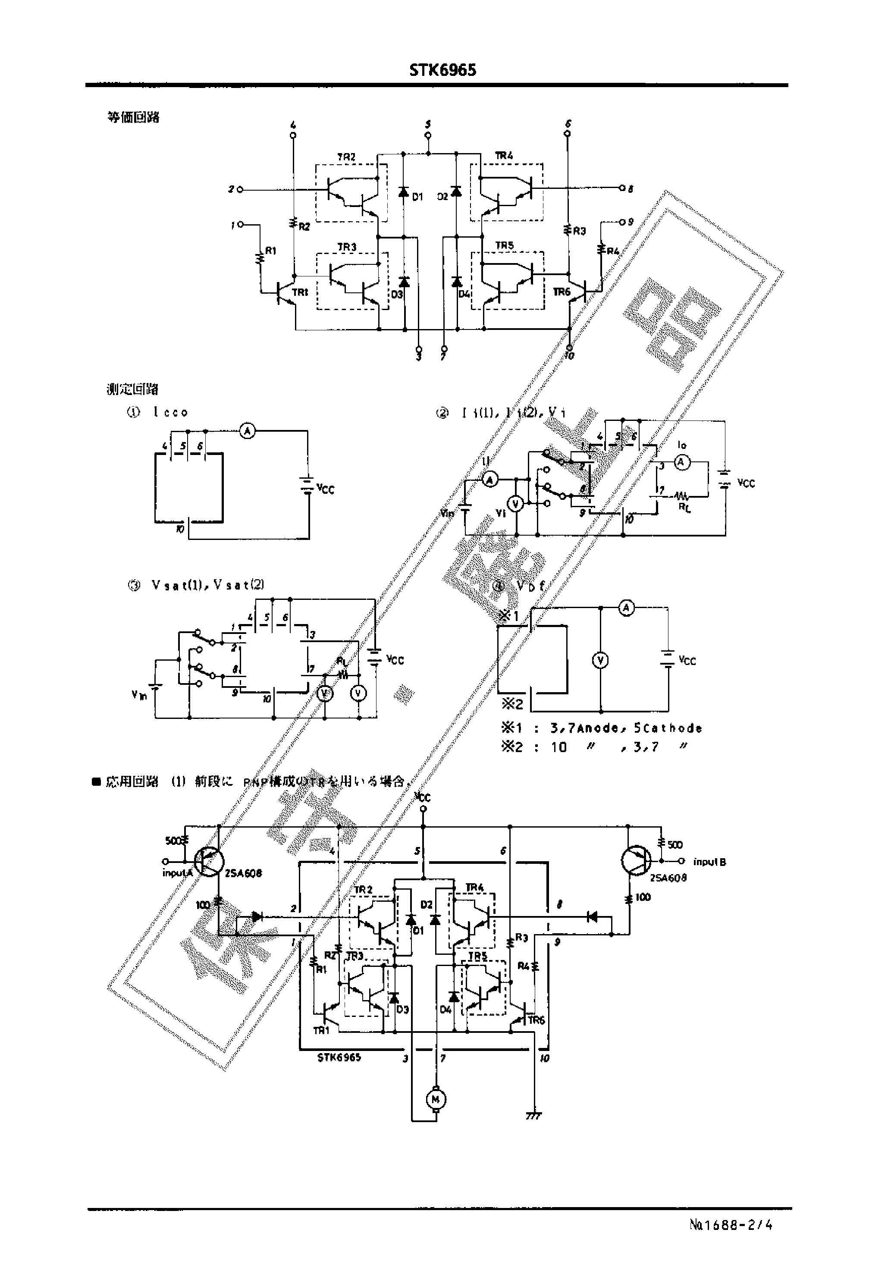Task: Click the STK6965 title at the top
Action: coord(443,70)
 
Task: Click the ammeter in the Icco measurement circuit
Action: coord(248,432)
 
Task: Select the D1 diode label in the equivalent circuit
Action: coord(417,197)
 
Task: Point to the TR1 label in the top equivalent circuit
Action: coord(300,292)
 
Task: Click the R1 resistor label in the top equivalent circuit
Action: coord(271,251)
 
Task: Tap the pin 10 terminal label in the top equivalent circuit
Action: coord(570,355)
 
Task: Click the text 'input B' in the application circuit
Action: coord(709,862)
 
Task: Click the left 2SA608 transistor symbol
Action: coord(209,862)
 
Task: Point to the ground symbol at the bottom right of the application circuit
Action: coord(533,1116)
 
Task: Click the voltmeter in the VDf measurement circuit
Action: coord(601,660)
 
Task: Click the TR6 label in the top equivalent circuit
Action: coord(562,292)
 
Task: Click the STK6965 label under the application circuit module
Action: coord(339,1057)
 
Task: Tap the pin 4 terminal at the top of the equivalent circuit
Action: coord(293,135)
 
